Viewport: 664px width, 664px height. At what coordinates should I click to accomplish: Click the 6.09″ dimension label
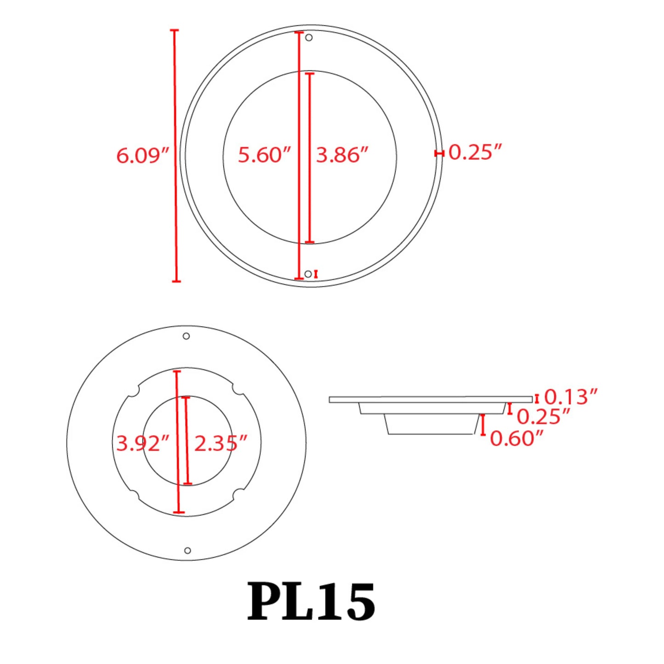[x=142, y=155]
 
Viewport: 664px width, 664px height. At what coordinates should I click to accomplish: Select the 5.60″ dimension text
[x=264, y=155]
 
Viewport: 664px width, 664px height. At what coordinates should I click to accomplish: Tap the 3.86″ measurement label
[x=342, y=155]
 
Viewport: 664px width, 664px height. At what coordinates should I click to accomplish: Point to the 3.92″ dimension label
[x=142, y=443]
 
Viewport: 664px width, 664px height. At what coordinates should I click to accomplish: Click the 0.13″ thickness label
[x=570, y=397]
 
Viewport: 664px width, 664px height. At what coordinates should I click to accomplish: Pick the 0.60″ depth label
[x=516, y=438]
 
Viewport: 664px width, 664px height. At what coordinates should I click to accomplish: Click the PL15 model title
[x=312, y=602]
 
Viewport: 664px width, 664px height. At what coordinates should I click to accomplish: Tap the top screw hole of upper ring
[x=309, y=37]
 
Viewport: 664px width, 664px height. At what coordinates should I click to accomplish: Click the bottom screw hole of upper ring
[x=308, y=274]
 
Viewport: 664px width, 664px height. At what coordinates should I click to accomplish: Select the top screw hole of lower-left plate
[x=186, y=336]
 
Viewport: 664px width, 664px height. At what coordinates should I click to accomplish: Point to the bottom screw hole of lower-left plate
[x=187, y=550]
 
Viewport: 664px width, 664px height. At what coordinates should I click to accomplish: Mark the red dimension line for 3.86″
[x=310, y=158]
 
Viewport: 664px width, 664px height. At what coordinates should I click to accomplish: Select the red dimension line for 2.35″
[x=187, y=440]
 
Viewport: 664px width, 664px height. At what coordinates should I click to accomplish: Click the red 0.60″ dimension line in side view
[x=483, y=425]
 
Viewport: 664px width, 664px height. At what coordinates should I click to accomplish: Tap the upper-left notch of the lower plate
[x=134, y=392]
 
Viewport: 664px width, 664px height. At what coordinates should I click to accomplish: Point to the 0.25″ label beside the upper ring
[x=475, y=152]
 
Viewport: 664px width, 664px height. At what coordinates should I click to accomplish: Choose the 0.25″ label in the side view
[x=543, y=417]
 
